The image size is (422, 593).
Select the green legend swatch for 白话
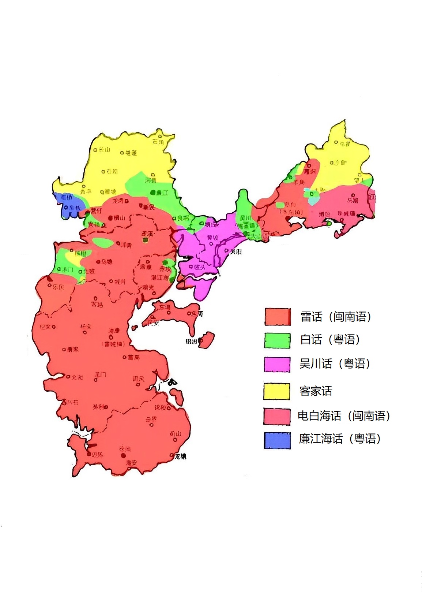(x=277, y=340)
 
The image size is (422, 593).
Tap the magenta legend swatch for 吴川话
(x=277, y=365)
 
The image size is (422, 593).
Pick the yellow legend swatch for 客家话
(x=277, y=391)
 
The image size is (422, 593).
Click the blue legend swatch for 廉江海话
(x=277, y=440)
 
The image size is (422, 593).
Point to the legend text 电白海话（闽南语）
(x=344, y=416)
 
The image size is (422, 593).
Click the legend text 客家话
(x=316, y=391)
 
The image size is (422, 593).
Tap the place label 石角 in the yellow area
(x=158, y=142)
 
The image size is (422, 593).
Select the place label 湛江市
(x=160, y=278)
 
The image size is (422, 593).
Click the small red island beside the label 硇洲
(x=207, y=340)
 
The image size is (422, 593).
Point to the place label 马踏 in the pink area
(x=353, y=201)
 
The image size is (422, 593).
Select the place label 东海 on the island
(x=165, y=307)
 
